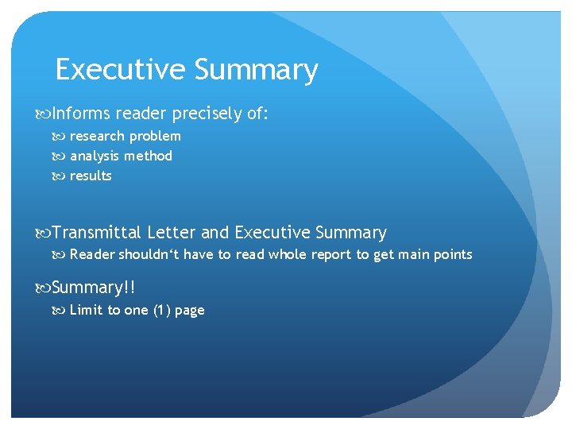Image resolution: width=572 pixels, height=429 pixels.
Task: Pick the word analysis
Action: (95, 156)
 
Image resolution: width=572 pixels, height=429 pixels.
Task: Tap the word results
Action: (91, 176)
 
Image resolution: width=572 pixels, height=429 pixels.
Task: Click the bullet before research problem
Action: (62, 136)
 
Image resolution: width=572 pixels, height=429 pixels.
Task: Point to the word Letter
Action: (172, 233)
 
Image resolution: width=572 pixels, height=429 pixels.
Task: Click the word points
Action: (454, 254)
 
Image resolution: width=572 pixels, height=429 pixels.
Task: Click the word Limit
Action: (85, 310)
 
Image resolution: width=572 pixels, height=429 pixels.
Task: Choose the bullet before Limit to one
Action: (62, 310)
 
